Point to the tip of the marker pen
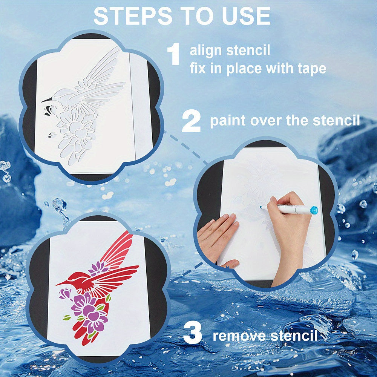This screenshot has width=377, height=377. point(261,207)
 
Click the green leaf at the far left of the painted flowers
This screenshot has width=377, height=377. point(67,317)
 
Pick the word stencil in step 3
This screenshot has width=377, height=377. point(294,336)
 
